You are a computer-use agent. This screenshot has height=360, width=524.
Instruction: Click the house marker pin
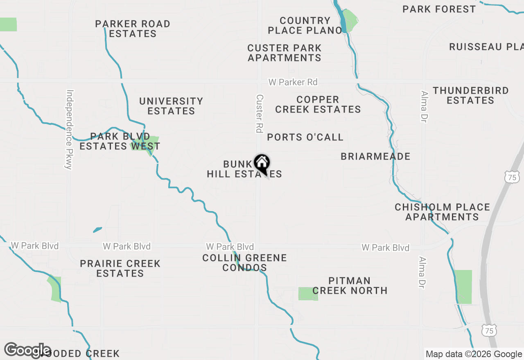(x=262, y=164)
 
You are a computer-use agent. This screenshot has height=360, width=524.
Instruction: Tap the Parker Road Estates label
(x=133, y=29)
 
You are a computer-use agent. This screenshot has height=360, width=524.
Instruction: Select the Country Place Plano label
(x=305, y=25)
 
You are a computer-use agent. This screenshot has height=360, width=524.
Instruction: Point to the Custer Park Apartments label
(x=285, y=53)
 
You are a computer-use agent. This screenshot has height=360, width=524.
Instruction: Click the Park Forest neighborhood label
(x=439, y=9)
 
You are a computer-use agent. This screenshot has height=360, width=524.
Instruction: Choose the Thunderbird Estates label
(x=470, y=95)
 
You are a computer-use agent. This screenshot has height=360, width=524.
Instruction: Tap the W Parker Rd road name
(x=293, y=83)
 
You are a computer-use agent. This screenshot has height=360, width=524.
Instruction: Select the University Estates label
(x=171, y=106)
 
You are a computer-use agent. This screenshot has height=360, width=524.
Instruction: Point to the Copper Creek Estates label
(x=318, y=105)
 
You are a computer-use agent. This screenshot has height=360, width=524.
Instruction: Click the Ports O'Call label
(x=305, y=137)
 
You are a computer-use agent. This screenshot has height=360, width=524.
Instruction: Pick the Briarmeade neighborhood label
(x=375, y=157)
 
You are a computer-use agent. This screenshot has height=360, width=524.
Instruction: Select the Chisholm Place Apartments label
(x=442, y=212)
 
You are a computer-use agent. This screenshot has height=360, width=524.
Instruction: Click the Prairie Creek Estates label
(x=120, y=268)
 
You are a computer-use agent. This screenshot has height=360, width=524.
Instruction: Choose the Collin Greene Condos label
(x=244, y=263)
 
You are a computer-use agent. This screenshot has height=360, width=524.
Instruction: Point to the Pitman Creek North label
(x=350, y=286)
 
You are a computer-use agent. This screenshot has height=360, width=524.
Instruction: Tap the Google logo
(x=27, y=350)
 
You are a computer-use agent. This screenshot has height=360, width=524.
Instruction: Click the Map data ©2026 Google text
(x=474, y=354)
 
